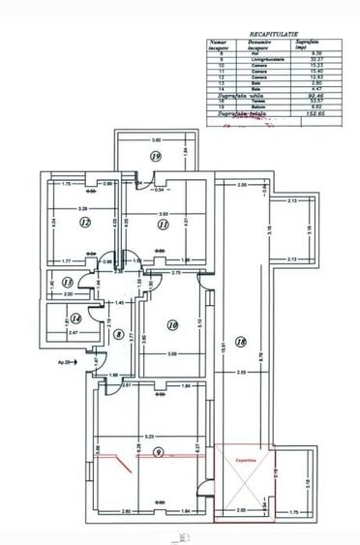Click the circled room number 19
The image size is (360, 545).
[155, 156]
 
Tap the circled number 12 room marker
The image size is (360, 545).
[85, 222]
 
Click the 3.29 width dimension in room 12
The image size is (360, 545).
[84, 209]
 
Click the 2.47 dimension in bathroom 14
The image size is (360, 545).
[73, 332]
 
